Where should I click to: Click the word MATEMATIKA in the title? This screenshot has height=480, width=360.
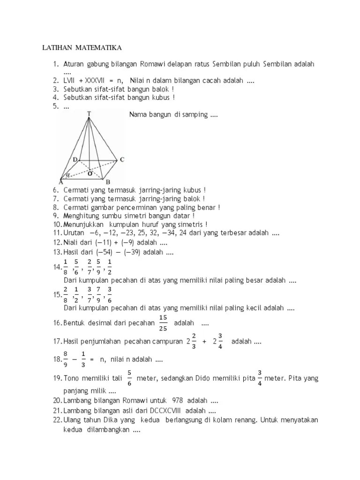[97, 48]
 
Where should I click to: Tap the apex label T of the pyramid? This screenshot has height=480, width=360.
[89, 113]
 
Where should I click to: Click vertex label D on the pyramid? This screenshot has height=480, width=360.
[75, 160]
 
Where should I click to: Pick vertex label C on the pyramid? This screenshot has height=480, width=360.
[122, 160]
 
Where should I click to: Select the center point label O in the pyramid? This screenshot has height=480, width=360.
[90, 173]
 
